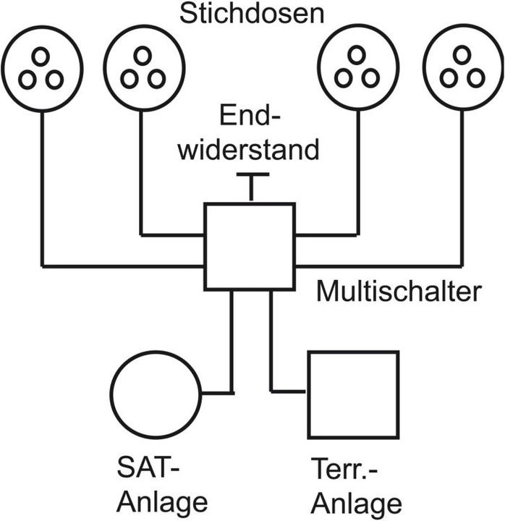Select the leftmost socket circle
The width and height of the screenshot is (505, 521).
(42, 71)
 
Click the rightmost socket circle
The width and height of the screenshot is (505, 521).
(462, 71)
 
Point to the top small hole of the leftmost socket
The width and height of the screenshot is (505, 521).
(41, 56)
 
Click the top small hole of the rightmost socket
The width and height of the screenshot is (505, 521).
(461, 56)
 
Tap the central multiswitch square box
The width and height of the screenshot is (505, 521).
(250, 247)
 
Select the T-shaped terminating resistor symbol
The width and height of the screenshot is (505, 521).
(250, 185)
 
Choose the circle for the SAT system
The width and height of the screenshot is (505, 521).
(156, 394)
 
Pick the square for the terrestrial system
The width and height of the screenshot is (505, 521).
(353, 394)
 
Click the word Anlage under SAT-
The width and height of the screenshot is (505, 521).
(163, 501)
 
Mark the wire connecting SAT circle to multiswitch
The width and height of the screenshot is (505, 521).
(232, 347)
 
